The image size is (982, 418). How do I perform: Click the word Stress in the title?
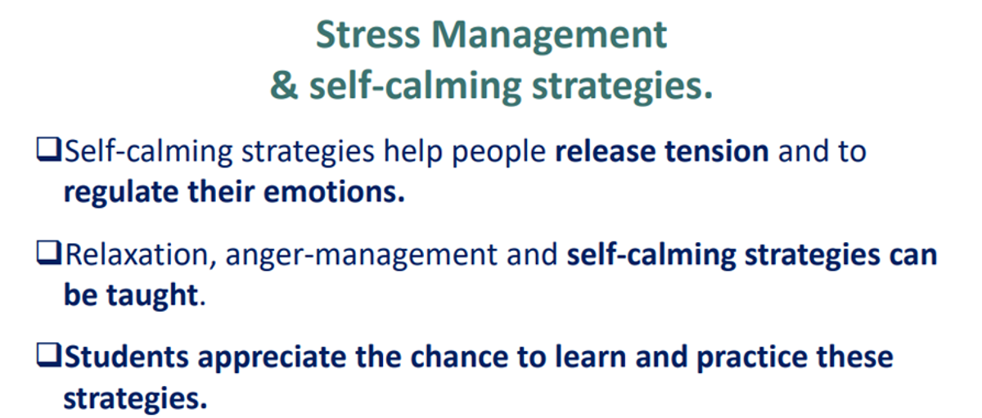pos(367,34)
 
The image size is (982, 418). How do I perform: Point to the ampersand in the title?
pos(284,85)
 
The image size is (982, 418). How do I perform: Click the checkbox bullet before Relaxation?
pos(48,253)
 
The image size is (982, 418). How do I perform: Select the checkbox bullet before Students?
pos(48,355)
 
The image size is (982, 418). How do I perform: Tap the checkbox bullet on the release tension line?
pos(48,150)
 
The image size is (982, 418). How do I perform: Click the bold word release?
pos(606,151)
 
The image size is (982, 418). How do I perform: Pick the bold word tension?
pos(717,151)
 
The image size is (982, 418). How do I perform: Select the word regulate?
pos(121,193)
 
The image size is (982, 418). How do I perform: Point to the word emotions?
pos(334,193)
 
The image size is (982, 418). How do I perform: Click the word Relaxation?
pos(137,254)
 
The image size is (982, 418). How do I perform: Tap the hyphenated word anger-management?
pos(361,256)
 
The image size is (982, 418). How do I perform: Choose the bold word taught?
pos(152,294)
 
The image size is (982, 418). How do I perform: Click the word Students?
pos(126,357)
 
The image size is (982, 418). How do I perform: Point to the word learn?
pos(591,357)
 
